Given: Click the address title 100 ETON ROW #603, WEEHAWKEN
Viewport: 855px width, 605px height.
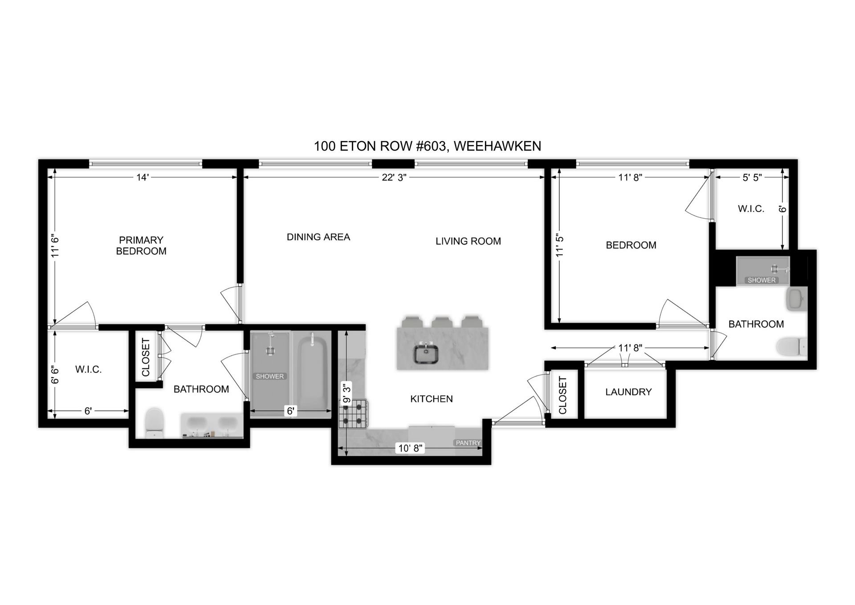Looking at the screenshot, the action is [427, 146].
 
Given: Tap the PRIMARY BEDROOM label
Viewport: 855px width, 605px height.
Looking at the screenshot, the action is [141, 245].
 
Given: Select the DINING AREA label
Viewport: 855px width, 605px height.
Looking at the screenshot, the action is [318, 237].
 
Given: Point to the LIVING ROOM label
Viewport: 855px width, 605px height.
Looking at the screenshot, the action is [468, 241].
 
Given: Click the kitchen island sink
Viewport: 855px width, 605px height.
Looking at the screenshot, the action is [427, 354].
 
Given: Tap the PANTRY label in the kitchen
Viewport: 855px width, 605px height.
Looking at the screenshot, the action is [468, 443].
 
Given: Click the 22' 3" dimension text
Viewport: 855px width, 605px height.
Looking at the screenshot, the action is [394, 177].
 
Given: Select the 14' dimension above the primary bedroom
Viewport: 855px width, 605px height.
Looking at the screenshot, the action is [142, 177].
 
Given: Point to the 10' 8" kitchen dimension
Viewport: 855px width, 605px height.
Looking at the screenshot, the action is [410, 448].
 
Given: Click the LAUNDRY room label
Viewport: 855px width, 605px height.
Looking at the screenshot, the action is [628, 392].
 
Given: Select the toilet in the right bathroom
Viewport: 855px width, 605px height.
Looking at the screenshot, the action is [792, 346].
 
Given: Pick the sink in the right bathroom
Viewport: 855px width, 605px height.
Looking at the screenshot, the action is [797, 298].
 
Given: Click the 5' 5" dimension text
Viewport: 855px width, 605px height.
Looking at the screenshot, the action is [752, 177].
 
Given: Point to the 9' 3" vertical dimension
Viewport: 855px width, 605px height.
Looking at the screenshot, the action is [346, 392].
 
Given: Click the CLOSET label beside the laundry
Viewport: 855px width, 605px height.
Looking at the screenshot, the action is [562, 395].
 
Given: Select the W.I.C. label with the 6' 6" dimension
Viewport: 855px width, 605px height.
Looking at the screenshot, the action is [88, 369].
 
